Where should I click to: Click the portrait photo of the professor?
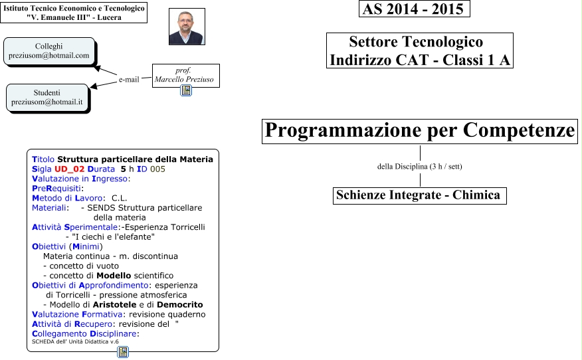point(187,27)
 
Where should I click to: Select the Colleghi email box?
point(48,51)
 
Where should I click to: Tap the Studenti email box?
point(47,98)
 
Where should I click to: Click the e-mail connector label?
point(129,80)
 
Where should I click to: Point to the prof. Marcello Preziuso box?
point(185,75)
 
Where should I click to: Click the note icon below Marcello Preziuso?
point(186,91)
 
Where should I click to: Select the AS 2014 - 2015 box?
point(415,9)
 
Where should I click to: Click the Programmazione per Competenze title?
point(420,131)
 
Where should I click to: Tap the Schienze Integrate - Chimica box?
point(419,195)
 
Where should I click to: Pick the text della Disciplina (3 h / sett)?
point(419,166)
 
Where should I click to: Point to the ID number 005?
point(157,169)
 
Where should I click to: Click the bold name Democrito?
point(177,304)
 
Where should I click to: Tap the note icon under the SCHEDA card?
point(123,352)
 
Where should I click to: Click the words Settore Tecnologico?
point(416,43)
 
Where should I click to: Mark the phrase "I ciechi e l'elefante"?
point(111,236)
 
